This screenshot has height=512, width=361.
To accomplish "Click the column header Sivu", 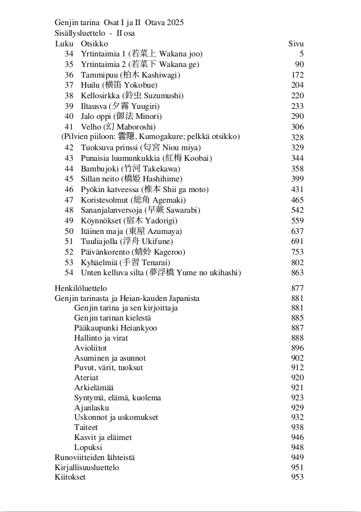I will coord(296,44).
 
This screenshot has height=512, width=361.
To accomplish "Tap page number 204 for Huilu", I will coord(297,85).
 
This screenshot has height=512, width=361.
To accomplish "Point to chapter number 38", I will coord(69,95).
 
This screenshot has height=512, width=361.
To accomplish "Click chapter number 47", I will coord(69,200).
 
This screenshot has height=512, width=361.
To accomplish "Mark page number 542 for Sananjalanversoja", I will coord(297,210).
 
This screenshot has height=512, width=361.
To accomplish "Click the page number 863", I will coord(297,272).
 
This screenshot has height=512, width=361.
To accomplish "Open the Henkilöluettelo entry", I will coord(81,288).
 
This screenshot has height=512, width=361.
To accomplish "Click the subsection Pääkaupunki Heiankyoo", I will coord(115,328).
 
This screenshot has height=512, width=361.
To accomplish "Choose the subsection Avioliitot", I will coord(90,348).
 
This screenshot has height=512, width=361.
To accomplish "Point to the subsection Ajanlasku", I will coord(92,408).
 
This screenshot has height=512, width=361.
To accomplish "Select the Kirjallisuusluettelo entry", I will coord(87,467).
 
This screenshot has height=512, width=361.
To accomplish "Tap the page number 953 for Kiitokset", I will coord(297,477).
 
